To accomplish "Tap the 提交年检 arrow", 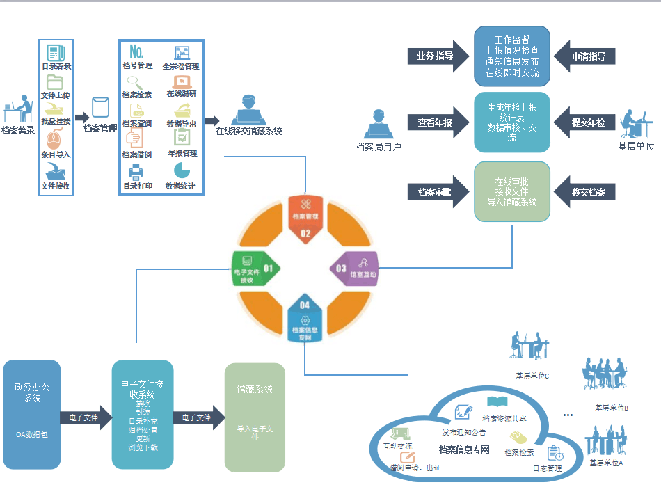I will point(589,123).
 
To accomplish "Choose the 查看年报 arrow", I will point(434,123).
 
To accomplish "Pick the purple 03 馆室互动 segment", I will point(354,269).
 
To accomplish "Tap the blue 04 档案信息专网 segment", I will point(305,322).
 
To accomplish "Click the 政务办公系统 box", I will point(32,414).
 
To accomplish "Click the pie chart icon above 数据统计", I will point(181,170).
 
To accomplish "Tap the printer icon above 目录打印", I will point(136,171).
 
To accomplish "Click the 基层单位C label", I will point(532,376).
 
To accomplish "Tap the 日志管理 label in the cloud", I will point(547,468).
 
